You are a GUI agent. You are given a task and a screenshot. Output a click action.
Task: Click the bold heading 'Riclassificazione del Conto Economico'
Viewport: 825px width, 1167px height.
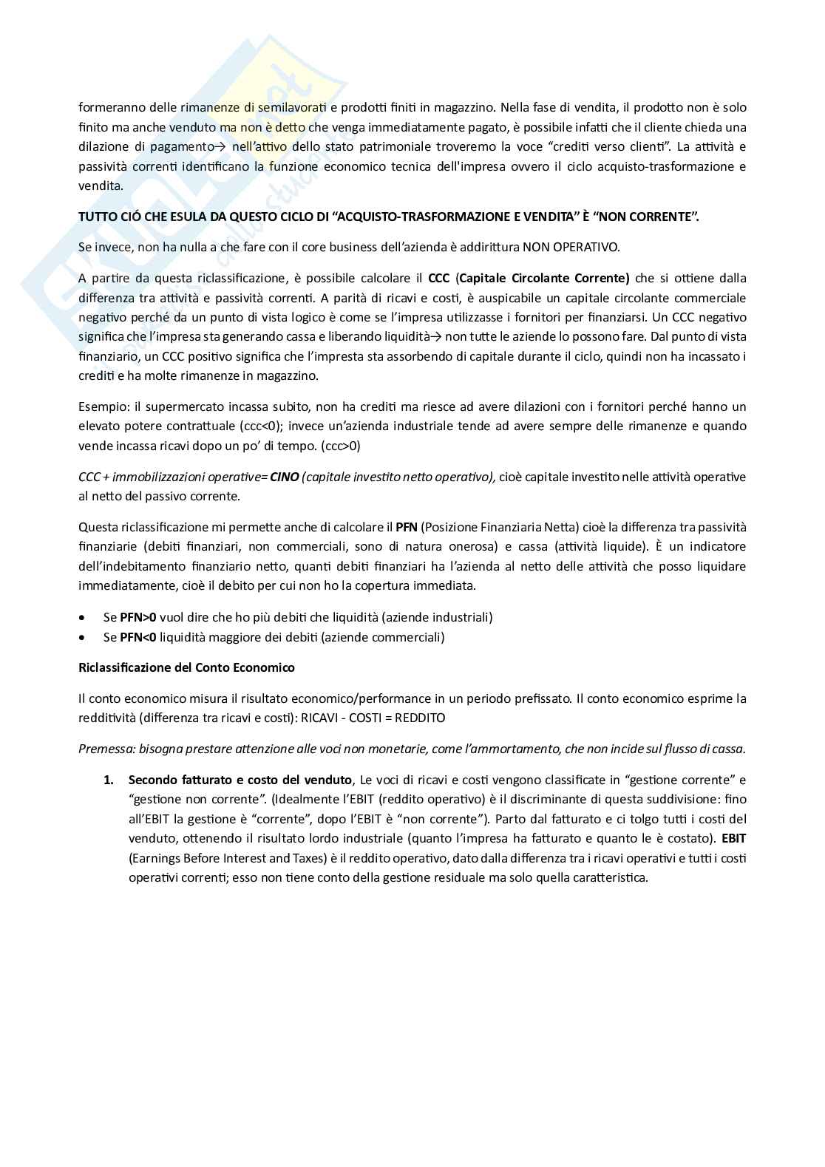[x=186, y=667]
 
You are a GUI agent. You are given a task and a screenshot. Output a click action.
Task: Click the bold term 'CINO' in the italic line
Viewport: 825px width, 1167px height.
[x=285, y=477]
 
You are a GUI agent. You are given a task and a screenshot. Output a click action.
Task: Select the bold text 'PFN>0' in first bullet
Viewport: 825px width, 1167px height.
[x=138, y=617]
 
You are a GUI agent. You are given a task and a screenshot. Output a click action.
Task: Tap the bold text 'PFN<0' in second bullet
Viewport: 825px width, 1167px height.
[x=138, y=637]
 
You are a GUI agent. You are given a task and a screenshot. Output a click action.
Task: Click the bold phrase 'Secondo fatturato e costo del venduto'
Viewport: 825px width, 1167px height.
[x=240, y=780]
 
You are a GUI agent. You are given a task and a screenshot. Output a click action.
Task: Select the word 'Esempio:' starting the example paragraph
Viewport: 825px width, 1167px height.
[x=103, y=407]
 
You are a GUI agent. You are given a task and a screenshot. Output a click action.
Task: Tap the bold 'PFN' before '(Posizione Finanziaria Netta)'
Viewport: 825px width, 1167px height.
[x=407, y=528]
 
